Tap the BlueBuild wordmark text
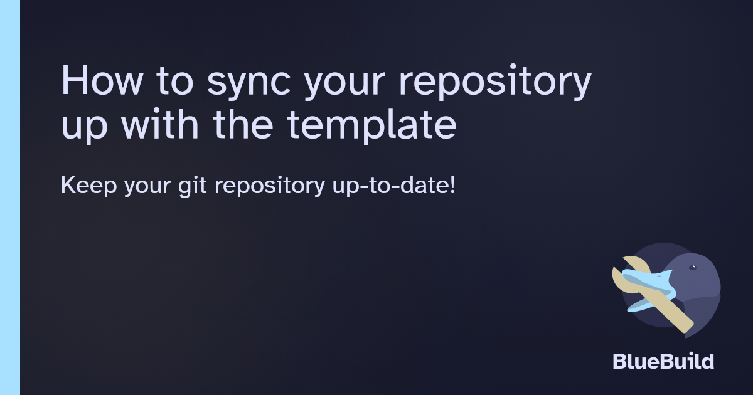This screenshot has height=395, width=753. [663, 362]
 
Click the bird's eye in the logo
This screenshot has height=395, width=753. [693, 268]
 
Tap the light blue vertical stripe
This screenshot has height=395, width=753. [10, 197]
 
